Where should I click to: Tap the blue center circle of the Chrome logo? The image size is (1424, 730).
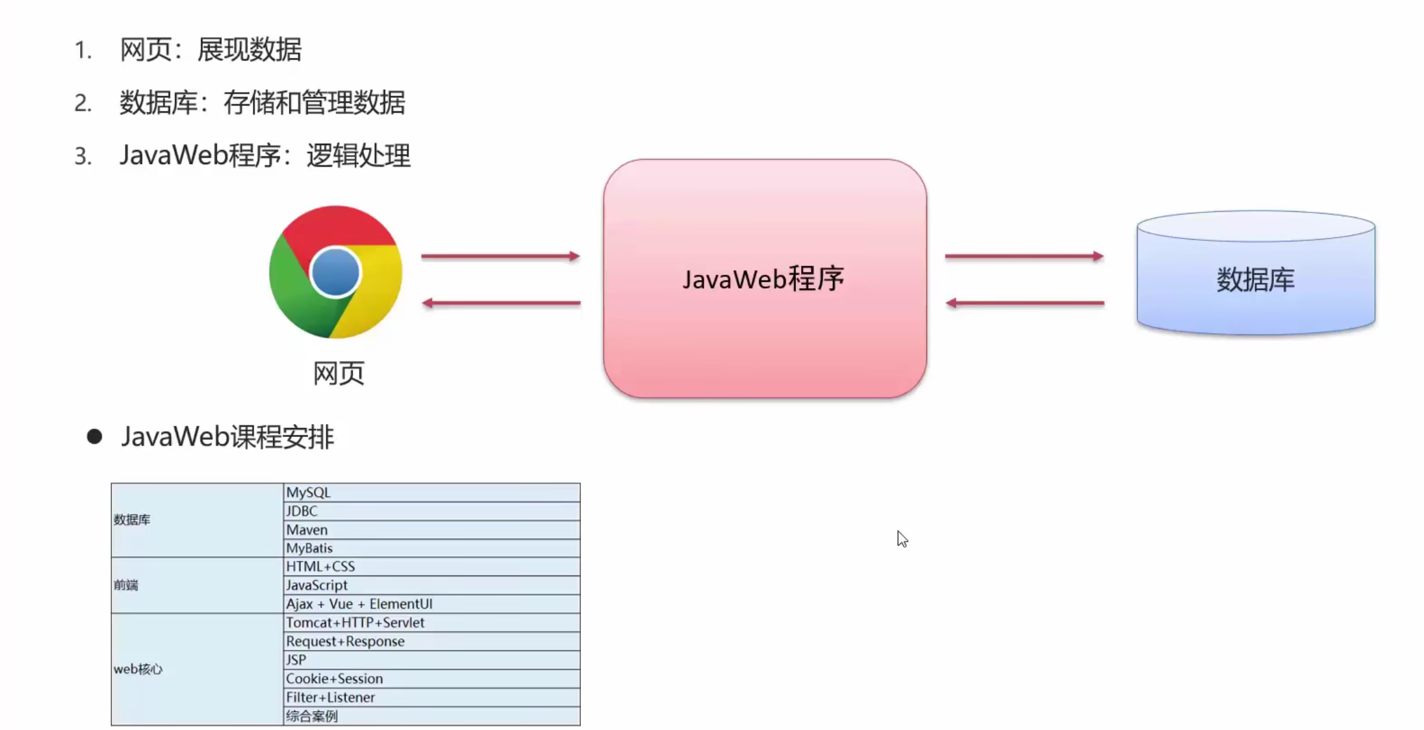[335, 272]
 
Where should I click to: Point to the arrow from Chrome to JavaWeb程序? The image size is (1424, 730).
[501, 256]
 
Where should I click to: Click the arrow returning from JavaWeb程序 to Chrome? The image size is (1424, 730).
[501, 303]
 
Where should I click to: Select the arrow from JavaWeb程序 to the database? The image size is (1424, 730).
[1024, 256]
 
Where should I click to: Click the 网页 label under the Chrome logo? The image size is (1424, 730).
[339, 373]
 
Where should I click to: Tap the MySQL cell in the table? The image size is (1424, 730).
[431, 493]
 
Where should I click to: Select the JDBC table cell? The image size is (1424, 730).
[431, 511]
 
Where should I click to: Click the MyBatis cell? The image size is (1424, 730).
[431, 548]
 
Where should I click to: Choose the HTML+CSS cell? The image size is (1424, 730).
[431, 567]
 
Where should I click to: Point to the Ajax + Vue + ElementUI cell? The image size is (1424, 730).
[431, 604]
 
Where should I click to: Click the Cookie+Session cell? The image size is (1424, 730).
[431, 678]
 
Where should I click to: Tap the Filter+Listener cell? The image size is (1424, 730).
[431, 698]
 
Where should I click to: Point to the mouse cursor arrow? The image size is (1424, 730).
[902, 539]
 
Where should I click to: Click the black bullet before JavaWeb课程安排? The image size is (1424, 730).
[95, 436]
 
